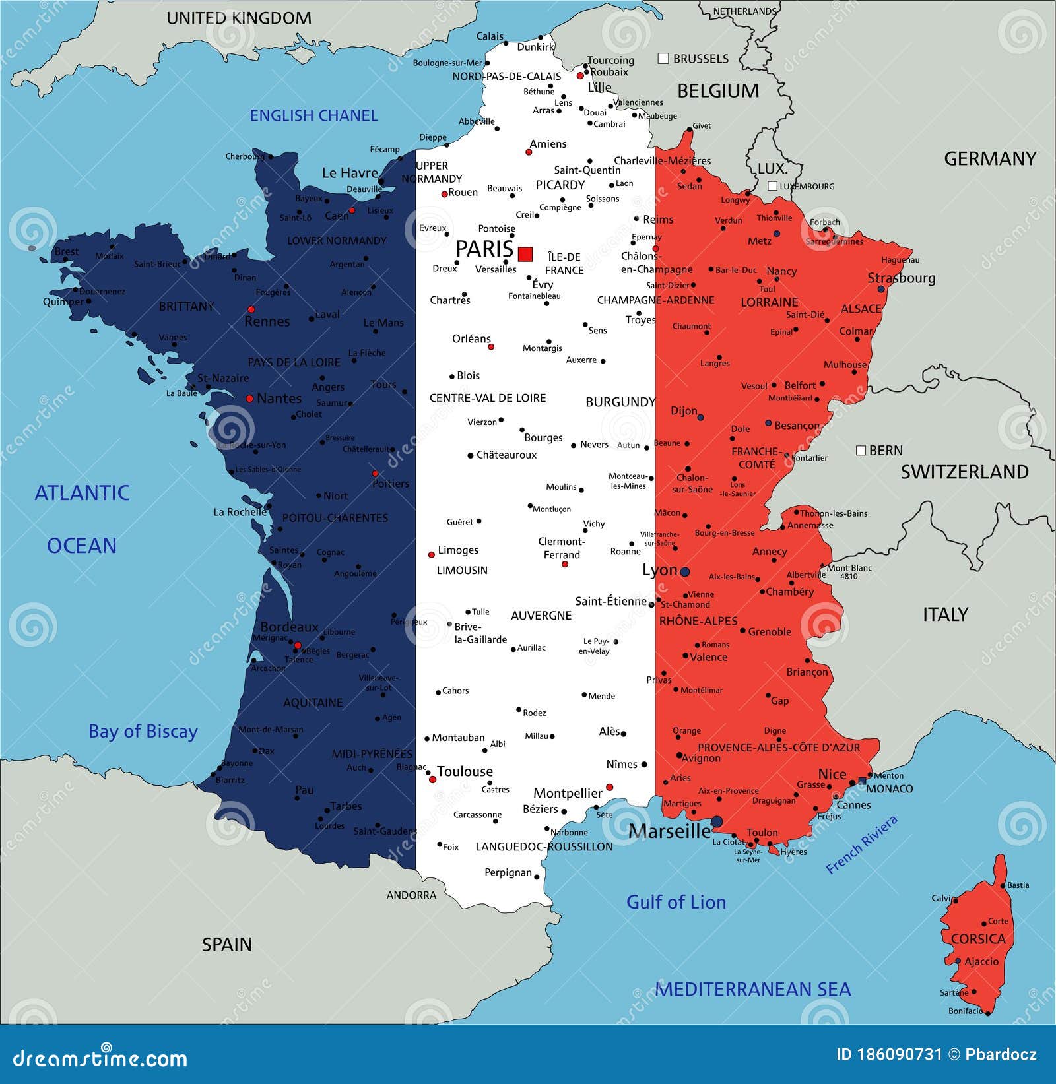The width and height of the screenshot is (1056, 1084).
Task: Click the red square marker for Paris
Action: (x=525, y=254)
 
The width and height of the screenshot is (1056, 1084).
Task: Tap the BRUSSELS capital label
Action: (x=700, y=59)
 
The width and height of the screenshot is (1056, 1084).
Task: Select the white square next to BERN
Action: (x=861, y=450)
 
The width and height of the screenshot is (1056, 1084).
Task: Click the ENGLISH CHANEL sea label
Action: (x=313, y=115)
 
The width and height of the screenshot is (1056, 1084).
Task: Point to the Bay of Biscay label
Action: (x=143, y=731)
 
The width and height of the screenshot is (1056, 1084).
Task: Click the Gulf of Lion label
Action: (x=676, y=902)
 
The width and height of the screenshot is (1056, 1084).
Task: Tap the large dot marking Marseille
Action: (x=717, y=821)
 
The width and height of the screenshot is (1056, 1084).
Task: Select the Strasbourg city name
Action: (x=901, y=278)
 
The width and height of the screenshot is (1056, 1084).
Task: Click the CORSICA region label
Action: (x=978, y=938)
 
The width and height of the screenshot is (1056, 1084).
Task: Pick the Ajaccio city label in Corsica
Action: (x=981, y=961)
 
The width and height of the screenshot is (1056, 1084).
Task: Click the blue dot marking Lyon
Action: (x=685, y=571)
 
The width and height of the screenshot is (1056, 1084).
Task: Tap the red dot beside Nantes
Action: (x=249, y=399)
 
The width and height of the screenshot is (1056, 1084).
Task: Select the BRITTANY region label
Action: (x=187, y=306)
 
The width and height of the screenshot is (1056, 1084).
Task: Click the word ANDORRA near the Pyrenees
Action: (x=411, y=895)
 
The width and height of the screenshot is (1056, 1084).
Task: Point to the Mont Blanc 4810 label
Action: (x=849, y=571)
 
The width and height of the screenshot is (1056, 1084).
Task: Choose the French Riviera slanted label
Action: (x=862, y=845)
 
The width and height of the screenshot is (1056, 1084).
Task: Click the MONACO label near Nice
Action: (x=889, y=789)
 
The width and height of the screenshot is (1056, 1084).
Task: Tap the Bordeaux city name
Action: (x=289, y=627)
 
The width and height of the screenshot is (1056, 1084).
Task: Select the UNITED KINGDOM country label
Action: (x=239, y=18)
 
